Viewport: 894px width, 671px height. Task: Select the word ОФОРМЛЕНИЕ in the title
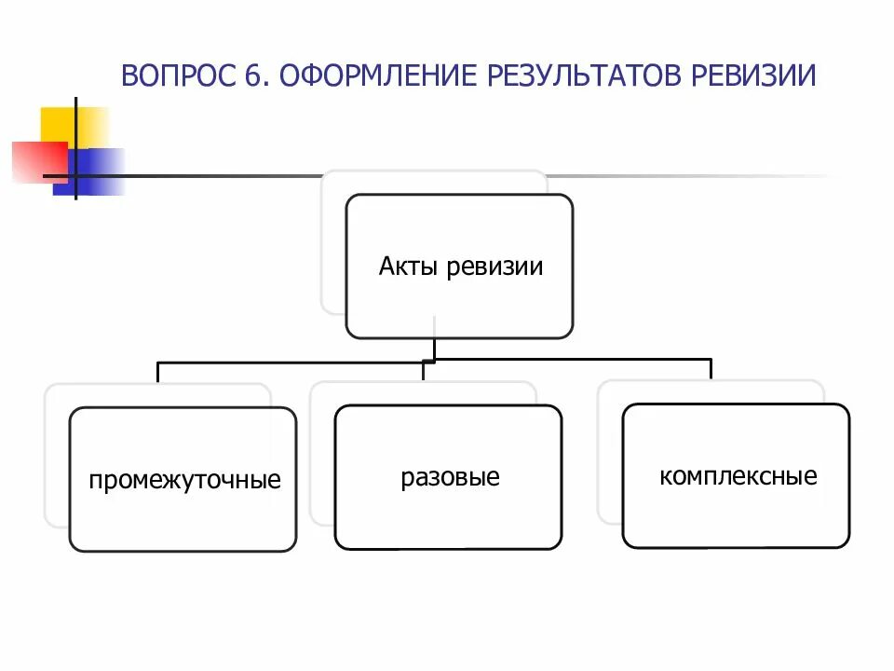tap(373, 75)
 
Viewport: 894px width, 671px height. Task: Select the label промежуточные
tap(184, 481)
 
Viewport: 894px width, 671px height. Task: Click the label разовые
tap(451, 478)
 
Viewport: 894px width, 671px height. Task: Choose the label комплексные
tap(738, 477)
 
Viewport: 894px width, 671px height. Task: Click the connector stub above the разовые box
tap(424, 370)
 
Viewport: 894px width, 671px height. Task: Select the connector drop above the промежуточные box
tap(158, 372)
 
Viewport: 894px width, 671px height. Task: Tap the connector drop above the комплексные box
tap(711, 369)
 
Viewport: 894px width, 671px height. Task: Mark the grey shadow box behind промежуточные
tap(56, 457)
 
